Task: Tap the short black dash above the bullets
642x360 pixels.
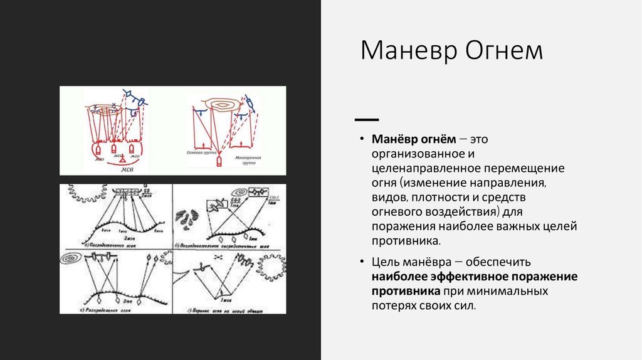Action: (x=366, y=119)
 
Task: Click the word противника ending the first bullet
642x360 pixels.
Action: (x=405, y=240)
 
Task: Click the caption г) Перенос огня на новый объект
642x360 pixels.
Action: (x=229, y=309)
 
